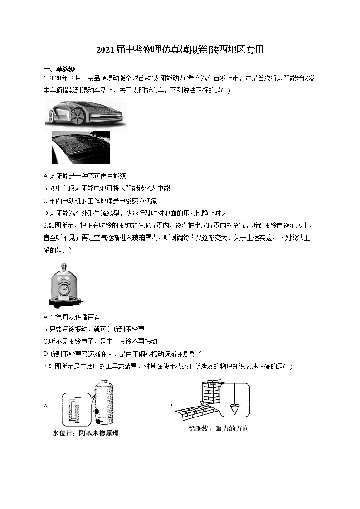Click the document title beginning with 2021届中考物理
tap(180, 50)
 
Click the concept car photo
tap(85, 114)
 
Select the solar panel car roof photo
tap(81, 147)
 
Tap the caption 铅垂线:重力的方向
tap(219, 428)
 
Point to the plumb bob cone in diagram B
tap(234, 408)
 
